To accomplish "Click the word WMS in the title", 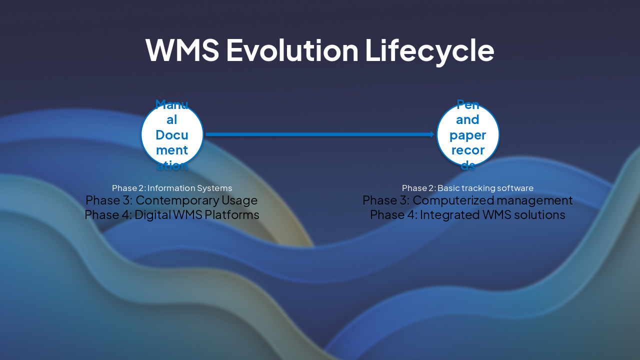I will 182,50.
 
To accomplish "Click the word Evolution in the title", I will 292,50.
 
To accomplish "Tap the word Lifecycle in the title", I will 429,50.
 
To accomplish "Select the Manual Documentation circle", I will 172,134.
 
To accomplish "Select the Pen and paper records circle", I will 467,134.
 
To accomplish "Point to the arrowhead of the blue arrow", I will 432,134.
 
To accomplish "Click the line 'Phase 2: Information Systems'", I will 172,188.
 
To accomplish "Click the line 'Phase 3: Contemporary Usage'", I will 171,200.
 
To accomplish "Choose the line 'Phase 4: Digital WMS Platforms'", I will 172,215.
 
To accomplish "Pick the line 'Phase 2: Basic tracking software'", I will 467,188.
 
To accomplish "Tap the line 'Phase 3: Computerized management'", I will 467,200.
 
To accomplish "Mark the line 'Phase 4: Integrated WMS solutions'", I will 467,215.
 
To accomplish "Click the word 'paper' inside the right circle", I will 467,135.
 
